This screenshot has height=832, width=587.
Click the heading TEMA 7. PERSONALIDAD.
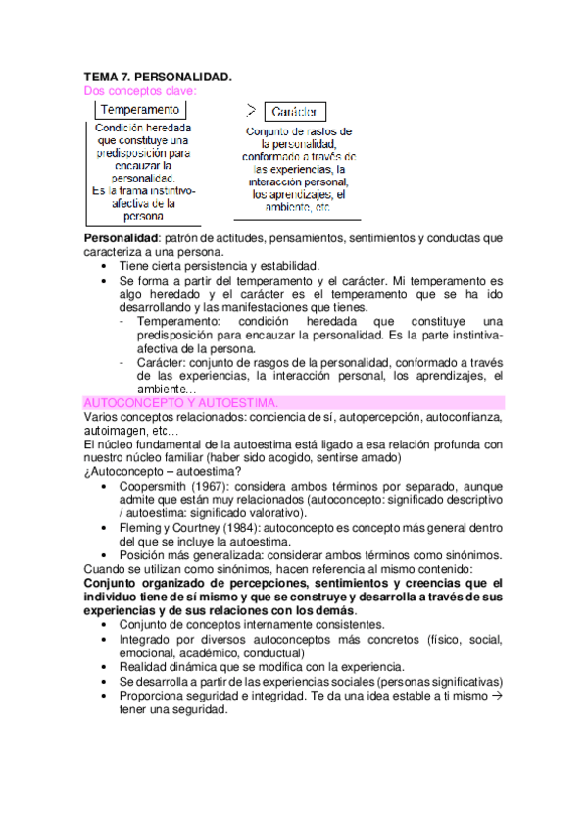point(158,77)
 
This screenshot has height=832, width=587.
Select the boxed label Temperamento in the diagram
point(141,110)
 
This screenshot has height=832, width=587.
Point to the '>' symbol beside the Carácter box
point(252,109)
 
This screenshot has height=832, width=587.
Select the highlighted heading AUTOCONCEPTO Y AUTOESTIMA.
point(181,403)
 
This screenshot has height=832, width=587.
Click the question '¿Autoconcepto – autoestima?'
point(161,472)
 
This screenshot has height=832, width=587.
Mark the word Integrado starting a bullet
point(147,640)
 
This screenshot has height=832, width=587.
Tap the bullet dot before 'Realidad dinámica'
point(106,668)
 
